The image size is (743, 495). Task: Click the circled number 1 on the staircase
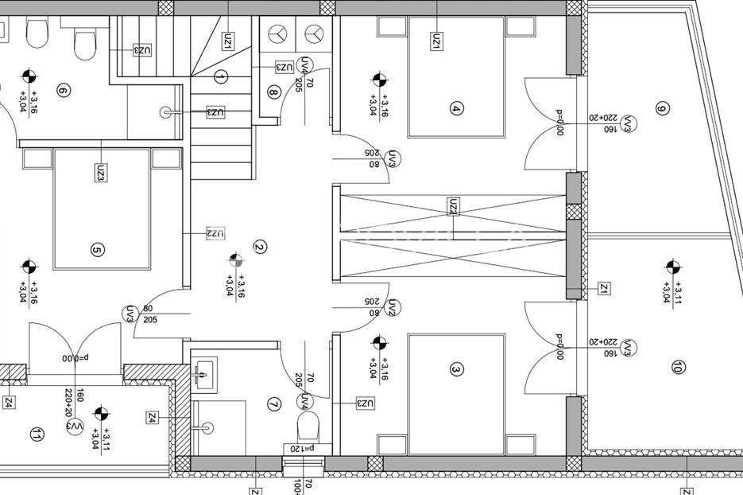coord(221,76)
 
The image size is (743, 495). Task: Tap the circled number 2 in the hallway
coord(259,247)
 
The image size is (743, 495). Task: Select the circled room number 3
coord(455,369)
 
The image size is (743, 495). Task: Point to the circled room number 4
coord(455,109)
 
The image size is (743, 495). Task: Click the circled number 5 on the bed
coord(98,251)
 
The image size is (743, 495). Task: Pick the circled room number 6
coord(64,92)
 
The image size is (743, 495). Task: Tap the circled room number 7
coord(274,404)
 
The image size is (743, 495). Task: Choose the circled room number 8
coord(274,92)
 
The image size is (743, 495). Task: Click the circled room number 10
coord(677,368)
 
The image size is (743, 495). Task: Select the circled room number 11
coord(36,435)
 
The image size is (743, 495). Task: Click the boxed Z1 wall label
coord(604,288)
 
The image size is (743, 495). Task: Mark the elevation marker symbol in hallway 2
coord(235,259)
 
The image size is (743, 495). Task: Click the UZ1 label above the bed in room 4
coord(436,41)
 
